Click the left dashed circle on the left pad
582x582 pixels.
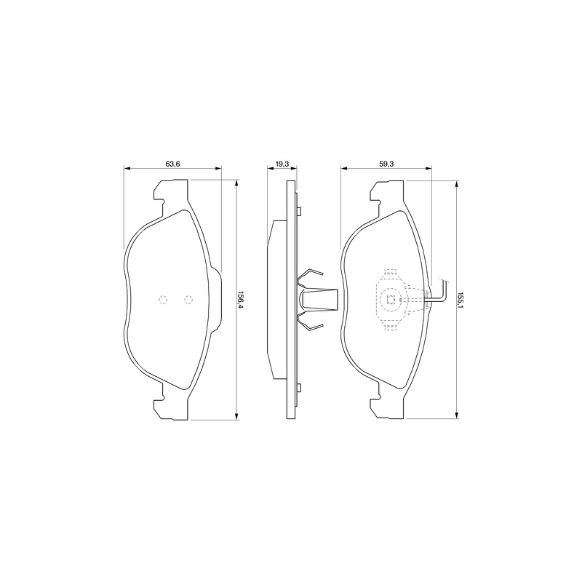[x=163, y=300]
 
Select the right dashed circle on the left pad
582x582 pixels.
[x=188, y=300]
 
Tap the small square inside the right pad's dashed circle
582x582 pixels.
[x=391, y=299]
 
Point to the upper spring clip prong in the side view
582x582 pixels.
[x=311, y=276]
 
